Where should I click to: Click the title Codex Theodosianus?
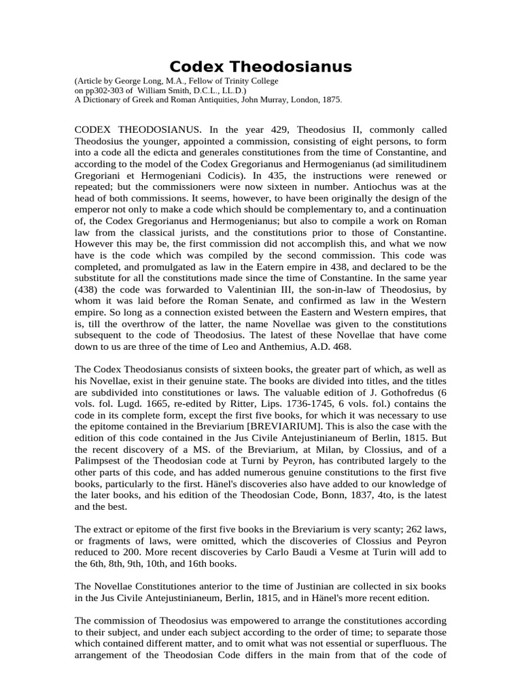tap(260, 66)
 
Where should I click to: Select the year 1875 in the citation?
tap(330, 99)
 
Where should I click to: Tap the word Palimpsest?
tap(100, 460)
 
